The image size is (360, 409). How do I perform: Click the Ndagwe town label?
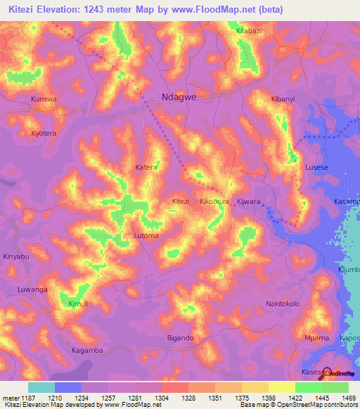[179, 98]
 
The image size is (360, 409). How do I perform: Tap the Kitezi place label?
[181, 201]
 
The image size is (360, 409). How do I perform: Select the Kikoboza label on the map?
[215, 201]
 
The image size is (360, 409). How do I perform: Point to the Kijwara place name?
[249, 201]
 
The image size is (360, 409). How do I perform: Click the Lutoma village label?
[146, 236]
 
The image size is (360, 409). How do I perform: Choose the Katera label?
[146, 168]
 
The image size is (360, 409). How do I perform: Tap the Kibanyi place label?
[283, 100]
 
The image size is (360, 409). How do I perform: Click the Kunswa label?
[43, 100]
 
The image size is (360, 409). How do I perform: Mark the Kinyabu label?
[16, 257]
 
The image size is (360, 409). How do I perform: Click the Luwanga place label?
[32, 290]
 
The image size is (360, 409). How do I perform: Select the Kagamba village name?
[88, 350]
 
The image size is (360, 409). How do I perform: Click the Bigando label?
[180, 338]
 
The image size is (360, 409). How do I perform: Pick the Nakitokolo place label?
[283, 304]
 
